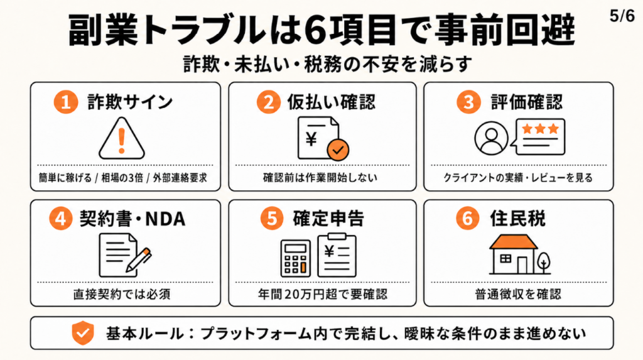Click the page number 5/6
pyautogui.click(x=622, y=16)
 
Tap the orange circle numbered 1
pyautogui.click(x=65, y=102)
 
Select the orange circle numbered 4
pyautogui.click(x=61, y=218)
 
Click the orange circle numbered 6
pyautogui.click(x=467, y=218)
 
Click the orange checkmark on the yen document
pyautogui.click(x=338, y=150)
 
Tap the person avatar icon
pyautogui.click(x=491, y=138)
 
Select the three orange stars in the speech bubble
pyautogui.click(x=540, y=129)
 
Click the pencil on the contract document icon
pyautogui.click(x=139, y=260)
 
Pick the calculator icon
pyautogui.click(x=295, y=258)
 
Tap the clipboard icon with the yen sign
pyautogui.click(x=337, y=255)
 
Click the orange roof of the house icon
pyautogui.click(x=514, y=242)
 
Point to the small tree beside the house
pyautogui.click(x=544, y=263)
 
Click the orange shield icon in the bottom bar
pyautogui.click(x=83, y=333)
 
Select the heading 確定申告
pyautogui.click(x=328, y=219)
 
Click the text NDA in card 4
pyautogui.click(x=165, y=219)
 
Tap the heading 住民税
pyautogui.click(x=517, y=219)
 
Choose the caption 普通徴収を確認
pyautogui.click(x=518, y=294)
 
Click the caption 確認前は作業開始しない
pyautogui.click(x=320, y=178)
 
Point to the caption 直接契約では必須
pyautogui.click(x=122, y=294)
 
